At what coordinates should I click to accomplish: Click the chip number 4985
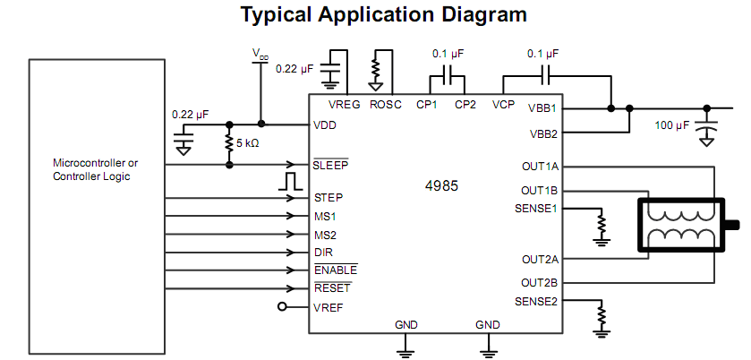tap(441, 187)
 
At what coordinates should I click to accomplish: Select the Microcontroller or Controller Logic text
tap(96, 169)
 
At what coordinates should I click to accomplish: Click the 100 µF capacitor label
tap(671, 125)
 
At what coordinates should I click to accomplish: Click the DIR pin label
tap(324, 252)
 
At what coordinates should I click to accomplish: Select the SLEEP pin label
tap(331, 165)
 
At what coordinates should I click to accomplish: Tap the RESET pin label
tap(332, 288)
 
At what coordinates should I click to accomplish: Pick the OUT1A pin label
tap(539, 167)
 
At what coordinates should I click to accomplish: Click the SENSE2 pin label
tap(536, 301)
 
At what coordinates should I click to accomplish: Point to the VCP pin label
tap(504, 105)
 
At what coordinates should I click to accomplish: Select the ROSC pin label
tap(386, 105)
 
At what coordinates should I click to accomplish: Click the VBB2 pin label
tap(542, 134)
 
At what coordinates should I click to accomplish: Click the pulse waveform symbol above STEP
tap(289, 181)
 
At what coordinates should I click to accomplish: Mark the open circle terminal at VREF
tap(284, 307)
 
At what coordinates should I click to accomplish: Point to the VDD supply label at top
tap(260, 56)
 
